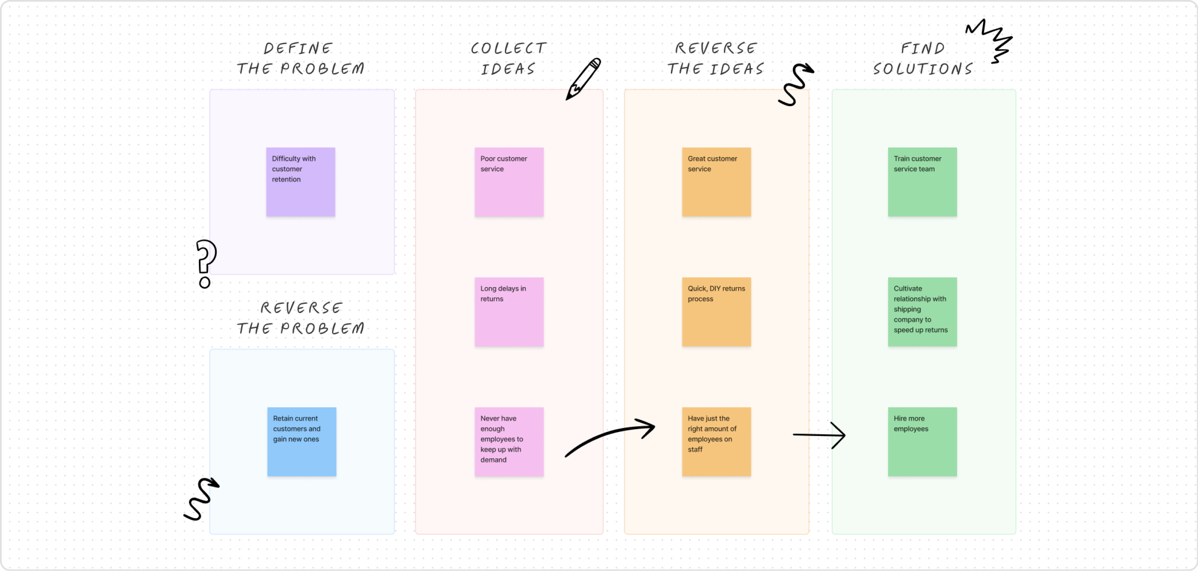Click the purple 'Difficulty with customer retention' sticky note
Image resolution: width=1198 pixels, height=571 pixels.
(x=300, y=182)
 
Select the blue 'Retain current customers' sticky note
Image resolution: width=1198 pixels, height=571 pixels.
(x=301, y=442)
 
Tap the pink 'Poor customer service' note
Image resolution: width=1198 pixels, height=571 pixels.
(x=509, y=182)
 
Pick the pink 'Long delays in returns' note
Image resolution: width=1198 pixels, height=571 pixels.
(x=509, y=312)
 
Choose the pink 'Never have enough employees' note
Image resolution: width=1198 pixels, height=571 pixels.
(x=509, y=442)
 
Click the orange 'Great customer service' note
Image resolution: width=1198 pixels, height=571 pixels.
(x=716, y=182)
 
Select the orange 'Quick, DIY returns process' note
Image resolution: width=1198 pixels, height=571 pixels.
(x=716, y=312)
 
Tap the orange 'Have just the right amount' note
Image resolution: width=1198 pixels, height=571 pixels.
(x=716, y=442)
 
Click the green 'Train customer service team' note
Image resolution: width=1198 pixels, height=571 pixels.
(x=922, y=182)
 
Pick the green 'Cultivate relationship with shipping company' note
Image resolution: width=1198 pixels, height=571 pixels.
(x=922, y=312)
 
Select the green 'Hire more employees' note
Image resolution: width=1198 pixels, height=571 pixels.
(x=922, y=442)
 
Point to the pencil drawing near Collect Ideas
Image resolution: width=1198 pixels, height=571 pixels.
(x=583, y=79)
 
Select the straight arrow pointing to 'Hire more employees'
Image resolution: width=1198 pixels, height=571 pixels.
(x=819, y=435)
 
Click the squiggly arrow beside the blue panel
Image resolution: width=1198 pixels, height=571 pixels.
(x=201, y=499)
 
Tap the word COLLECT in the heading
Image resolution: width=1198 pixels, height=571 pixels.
(x=508, y=48)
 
